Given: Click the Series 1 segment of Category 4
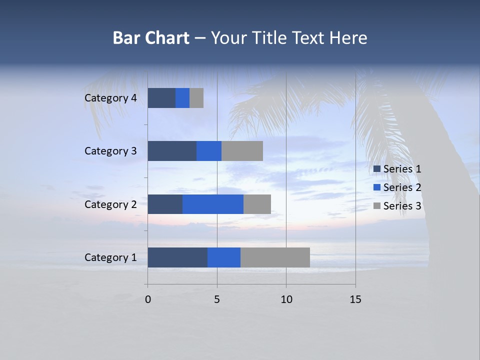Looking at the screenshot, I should pyautogui.click(x=161, y=98).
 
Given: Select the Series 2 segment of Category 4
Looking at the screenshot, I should pyautogui.click(x=182, y=98).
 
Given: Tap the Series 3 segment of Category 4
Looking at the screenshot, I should pyautogui.click(x=196, y=98).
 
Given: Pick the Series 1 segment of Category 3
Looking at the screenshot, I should pyautogui.click(x=172, y=151).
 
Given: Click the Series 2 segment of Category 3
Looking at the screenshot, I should pyautogui.click(x=209, y=151).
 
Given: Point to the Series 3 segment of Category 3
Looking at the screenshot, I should pyautogui.click(x=242, y=151).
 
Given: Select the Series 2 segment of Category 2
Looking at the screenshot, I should pyautogui.click(x=213, y=204).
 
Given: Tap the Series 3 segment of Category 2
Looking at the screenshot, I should pyautogui.click(x=257, y=204).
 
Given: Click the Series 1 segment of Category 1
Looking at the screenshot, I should pyautogui.click(x=177, y=257).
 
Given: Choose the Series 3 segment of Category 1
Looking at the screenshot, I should pyautogui.click(x=275, y=257).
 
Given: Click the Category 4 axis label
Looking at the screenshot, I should pyautogui.click(x=110, y=98).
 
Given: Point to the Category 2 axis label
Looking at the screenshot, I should pyautogui.click(x=110, y=204).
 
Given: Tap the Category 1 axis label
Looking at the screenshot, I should pyautogui.click(x=110, y=257).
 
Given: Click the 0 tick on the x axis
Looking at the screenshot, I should pyautogui.click(x=148, y=299).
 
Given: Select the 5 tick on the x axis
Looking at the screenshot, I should pyautogui.click(x=217, y=299).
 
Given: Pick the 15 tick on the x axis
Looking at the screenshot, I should pyautogui.click(x=355, y=299).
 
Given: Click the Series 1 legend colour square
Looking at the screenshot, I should pyautogui.click(x=377, y=169).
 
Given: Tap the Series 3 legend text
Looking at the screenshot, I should pyautogui.click(x=402, y=206).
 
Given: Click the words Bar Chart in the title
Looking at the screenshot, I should pyautogui.click(x=151, y=38).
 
